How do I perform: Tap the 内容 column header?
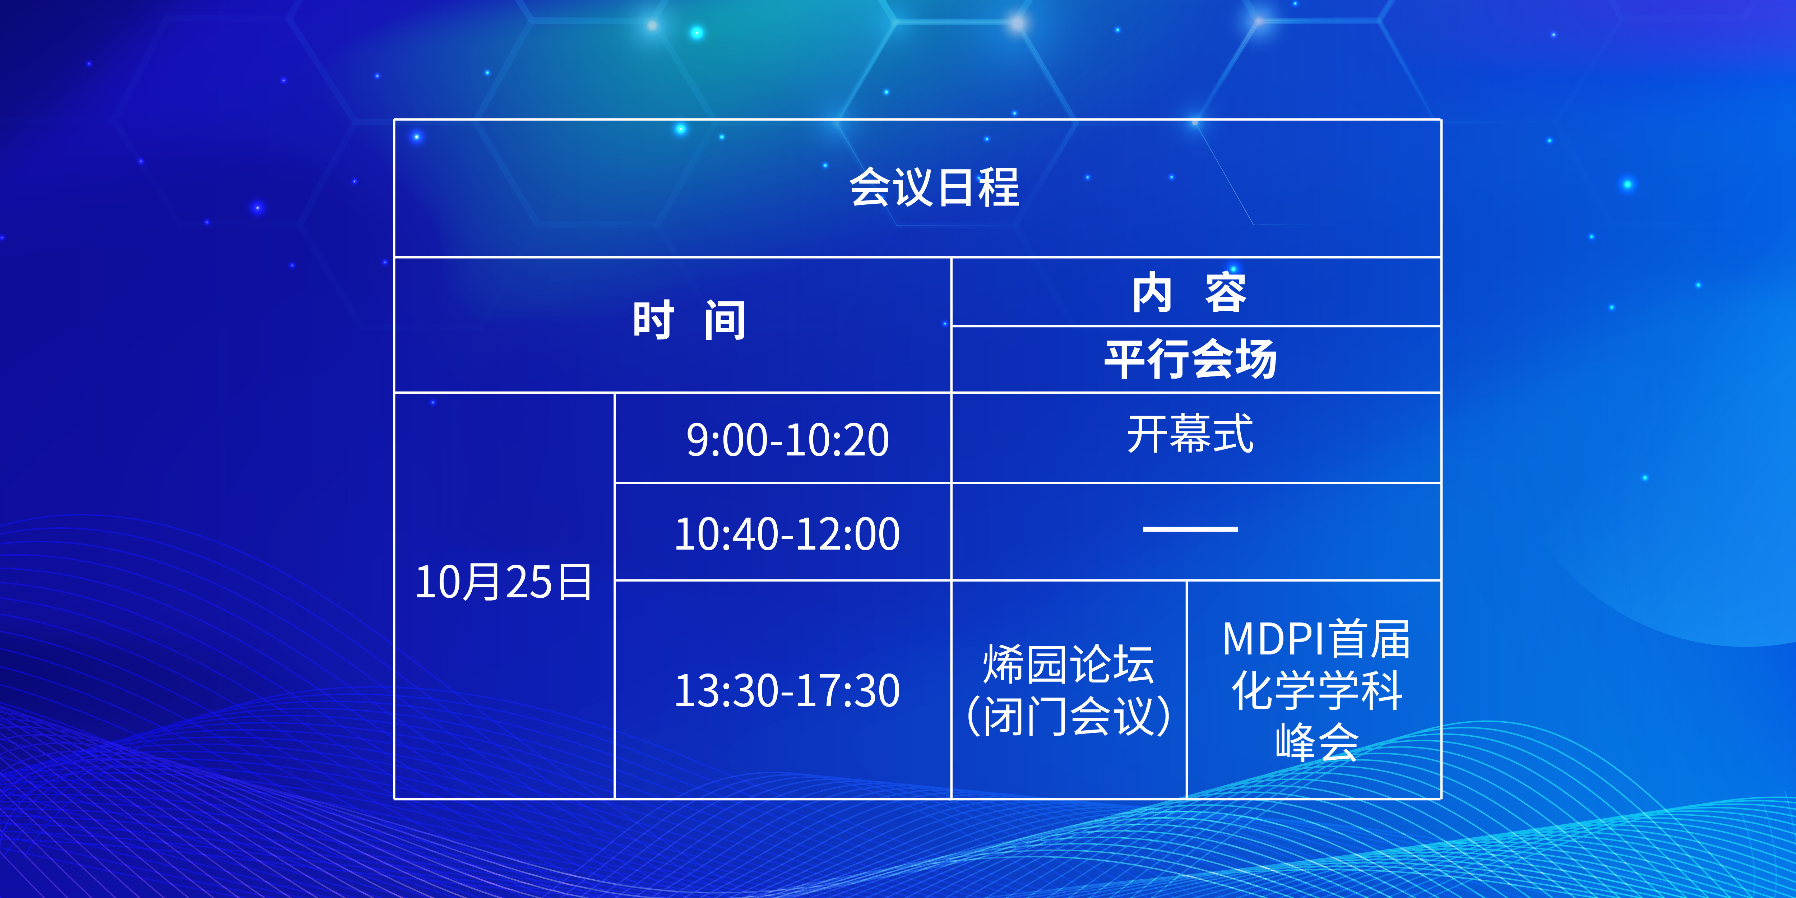coord(1189,293)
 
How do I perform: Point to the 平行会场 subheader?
coord(1190,359)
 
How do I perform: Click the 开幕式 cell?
coord(1190,434)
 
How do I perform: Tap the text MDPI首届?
coord(1316,639)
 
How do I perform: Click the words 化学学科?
coord(1316,690)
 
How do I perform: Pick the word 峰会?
coord(1316,742)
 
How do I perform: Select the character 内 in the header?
coord(1152,293)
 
